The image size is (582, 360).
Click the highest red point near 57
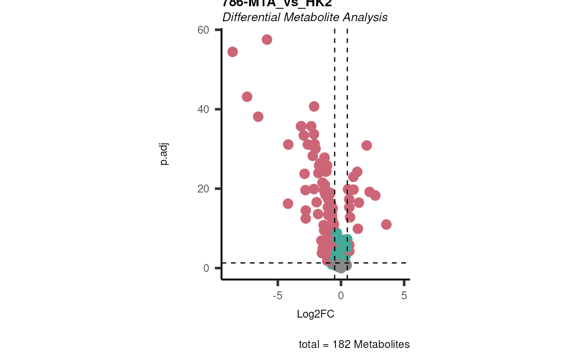(x=267, y=39)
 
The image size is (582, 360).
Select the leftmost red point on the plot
(x=232, y=52)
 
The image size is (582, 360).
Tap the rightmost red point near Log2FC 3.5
(x=386, y=224)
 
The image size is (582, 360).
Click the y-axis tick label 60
(x=203, y=30)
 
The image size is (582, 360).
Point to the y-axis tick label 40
(x=203, y=109)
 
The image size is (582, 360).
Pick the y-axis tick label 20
(x=203, y=189)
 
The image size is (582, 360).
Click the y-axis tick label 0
(x=206, y=268)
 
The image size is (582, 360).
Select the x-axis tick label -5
(x=277, y=296)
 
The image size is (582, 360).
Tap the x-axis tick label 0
(x=341, y=296)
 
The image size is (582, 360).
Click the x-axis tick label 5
(x=404, y=296)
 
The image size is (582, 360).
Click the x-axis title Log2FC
(x=316, y=314)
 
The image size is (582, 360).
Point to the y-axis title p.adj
(x=165, y=154)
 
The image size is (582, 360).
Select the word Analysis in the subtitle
(x=369, y=17)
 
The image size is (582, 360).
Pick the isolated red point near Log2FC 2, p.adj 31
(x=367, y=145)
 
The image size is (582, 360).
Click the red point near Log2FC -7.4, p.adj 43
(x=247, y=96)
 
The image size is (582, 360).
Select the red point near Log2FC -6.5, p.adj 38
(x=258, y=116)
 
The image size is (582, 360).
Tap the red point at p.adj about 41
(x=314, y=106)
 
